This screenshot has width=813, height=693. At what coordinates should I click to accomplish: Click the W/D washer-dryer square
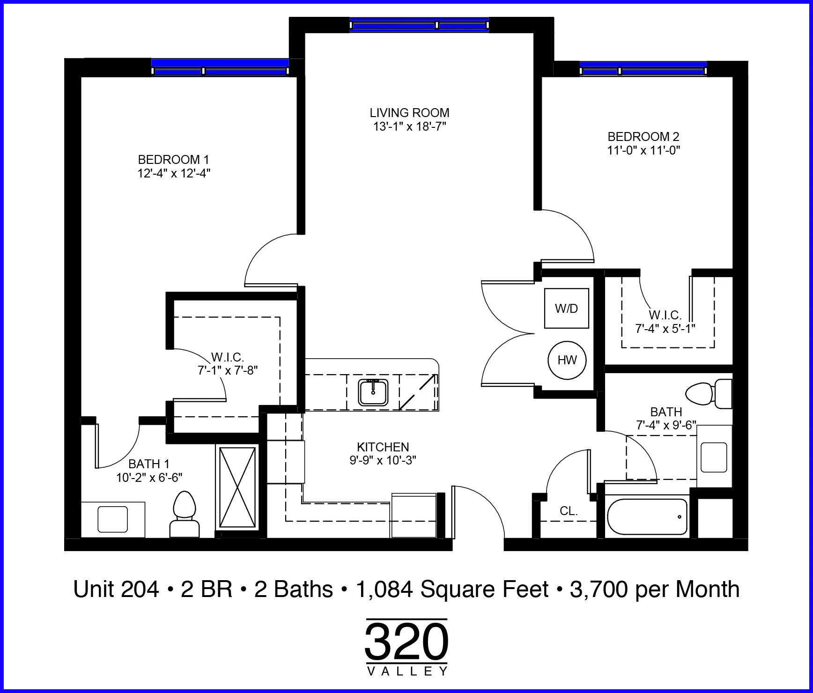tap(566, 308)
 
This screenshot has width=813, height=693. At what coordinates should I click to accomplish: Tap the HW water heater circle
tap(567, 360)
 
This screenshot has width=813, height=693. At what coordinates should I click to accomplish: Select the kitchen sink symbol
tap(373, 392)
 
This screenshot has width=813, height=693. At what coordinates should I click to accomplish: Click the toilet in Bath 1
tap(184, 514)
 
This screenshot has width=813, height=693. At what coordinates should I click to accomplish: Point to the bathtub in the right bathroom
tap(647, 517)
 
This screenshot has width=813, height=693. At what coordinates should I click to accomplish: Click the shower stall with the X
tap(237, 487)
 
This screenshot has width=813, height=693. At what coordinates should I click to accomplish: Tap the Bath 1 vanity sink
tap(112, 519)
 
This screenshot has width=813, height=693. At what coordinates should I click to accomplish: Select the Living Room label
tap(409, 113)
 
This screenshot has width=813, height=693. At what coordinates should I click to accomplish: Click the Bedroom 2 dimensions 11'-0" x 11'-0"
tap(643, 150)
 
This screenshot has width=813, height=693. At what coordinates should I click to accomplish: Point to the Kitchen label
tap(383, 447)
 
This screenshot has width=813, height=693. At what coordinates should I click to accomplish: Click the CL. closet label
tap(569, 511)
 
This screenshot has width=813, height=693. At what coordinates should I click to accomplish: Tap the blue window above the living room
tap(419, 24)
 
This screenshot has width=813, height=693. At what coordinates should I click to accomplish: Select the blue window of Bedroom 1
tap(220, 67)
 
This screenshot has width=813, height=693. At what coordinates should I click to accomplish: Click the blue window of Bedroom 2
tap(643, 68)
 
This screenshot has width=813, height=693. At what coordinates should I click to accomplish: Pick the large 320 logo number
tap(406, 641)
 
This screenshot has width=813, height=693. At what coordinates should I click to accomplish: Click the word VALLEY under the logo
tap(406, 671)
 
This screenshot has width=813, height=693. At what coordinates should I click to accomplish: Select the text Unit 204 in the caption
tap(116, 589)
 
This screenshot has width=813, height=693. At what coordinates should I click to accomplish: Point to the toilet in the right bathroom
tap(709, 394)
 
